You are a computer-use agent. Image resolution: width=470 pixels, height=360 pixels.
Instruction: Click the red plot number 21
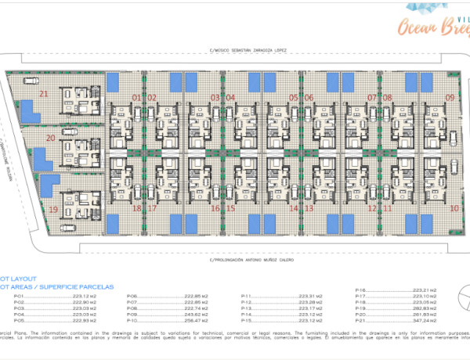click(43, 94)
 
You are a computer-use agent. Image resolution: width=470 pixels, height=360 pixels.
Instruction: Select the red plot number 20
click(50, 139)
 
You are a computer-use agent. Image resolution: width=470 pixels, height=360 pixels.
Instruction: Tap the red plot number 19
click(53, 210)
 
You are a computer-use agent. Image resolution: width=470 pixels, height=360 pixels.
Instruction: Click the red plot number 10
click(454, 209)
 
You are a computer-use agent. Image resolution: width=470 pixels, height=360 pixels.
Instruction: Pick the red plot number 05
click(293, 98)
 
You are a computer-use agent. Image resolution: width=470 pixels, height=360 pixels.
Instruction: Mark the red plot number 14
click(294, 209)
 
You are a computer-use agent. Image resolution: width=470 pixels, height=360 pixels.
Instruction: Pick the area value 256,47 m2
click(197, 321)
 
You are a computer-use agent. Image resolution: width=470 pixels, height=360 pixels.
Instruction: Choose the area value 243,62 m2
click(197, 315)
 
